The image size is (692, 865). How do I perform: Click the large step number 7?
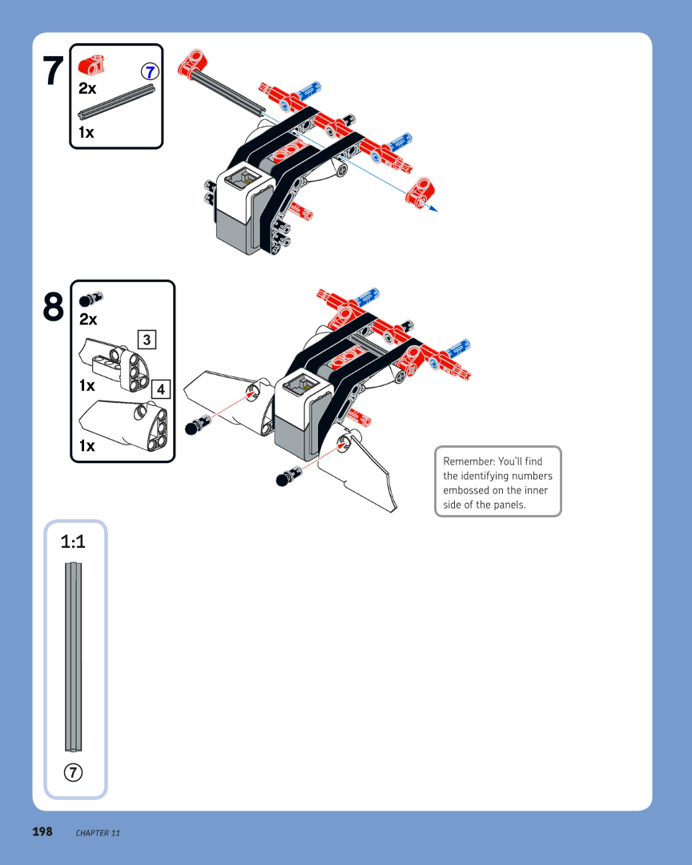coord(53,71)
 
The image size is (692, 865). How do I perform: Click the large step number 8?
coord(53,307)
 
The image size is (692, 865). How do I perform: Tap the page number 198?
coord(42,831)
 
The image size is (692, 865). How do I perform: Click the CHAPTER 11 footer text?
coord(98,833)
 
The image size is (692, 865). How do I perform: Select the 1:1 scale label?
coord(73,542)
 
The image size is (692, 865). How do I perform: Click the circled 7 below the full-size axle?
coord(73,772)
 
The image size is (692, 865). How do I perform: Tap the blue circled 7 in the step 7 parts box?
coord(149,71)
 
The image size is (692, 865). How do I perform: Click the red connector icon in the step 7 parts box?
coord(92,64)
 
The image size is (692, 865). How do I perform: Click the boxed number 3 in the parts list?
coord(147,339)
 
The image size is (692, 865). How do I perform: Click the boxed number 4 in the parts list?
coord(160,389)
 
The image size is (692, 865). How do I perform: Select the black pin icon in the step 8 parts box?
coord(91,300)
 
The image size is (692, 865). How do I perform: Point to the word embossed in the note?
coord(466,490)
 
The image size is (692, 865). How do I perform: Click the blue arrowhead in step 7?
coord(433,211)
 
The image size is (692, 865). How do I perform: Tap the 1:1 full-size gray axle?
coord(73,657)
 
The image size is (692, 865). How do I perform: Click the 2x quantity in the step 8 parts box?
coord(88,319)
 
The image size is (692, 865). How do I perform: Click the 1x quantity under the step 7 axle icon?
coord(86,132)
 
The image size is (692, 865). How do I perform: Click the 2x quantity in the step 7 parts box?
coord(88,89)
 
